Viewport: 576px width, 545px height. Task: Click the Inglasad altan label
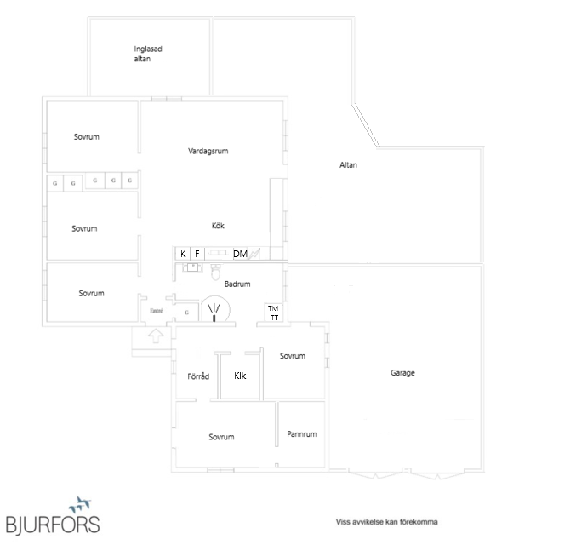(x=148, y=54)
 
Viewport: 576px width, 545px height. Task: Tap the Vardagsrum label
(x=208, y=151)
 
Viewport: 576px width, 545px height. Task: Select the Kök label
(x=218, y=226)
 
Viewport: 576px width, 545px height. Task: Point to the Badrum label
(x=237, y=284)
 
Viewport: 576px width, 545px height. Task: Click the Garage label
(x=402, y=373)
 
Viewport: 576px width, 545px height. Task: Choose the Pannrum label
(x=301, y=434)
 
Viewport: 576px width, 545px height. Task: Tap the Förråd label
(x=198, y=376)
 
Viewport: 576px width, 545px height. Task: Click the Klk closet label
(x=240, y=376)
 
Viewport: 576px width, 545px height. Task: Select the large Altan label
(x=348, y=164)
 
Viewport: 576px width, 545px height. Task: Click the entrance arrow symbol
(x=156, y=336)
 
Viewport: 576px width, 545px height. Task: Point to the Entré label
(x=156, y=311)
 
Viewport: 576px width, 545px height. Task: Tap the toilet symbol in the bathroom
(x=216, y=272)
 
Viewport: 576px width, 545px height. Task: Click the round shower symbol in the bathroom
(x=215, y=310)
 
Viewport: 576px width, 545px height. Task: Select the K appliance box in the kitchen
(x=183, y=254)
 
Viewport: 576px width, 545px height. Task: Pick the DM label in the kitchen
(x=240, y=254)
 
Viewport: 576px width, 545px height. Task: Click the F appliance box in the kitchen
(x=197, y=254)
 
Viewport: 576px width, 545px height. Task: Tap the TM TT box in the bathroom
(x=274, y=313)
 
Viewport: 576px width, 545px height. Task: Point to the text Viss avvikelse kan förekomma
(x=386, y=522)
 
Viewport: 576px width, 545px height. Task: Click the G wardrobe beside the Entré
(x=186, y=313)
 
